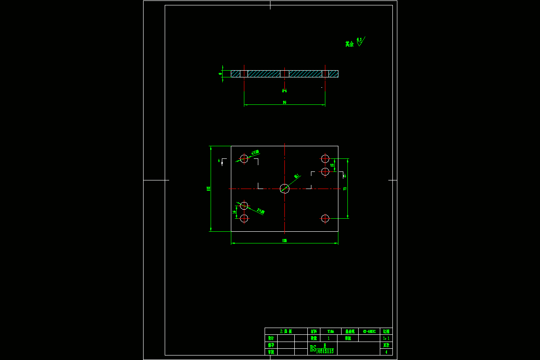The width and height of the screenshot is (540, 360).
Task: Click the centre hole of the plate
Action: click(x=284, y=189)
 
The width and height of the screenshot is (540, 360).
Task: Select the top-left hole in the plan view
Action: click(x=244, y=158)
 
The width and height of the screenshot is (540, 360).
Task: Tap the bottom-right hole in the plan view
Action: click(x=325, y=218)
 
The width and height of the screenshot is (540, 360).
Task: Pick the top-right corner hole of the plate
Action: click(x=325, y=158)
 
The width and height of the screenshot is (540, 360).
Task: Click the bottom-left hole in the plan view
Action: click(x=244, y=218)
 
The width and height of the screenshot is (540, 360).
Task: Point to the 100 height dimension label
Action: click(x=208, y=189)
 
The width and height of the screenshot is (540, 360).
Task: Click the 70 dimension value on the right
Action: click(x=345, y=189)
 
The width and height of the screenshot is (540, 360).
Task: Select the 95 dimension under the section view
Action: click(x=284, y=103)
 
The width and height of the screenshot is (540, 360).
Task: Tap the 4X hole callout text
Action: click(x=255, y=153)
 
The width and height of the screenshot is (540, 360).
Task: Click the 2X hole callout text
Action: click(x=261, y=211)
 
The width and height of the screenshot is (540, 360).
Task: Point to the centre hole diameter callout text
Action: click(x=297, y=176)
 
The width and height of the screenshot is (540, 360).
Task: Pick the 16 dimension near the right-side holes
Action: click(x=332, y=165)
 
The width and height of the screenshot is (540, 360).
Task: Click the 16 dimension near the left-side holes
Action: click(x=234, y=212)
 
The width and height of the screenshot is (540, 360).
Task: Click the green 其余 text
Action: click(x=349, y=44)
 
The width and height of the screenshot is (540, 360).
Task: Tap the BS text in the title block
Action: click(x=313, y=349)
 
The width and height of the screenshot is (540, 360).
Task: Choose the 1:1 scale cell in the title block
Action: click(x=386, y=338)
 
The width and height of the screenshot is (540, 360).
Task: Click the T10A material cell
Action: click(x=331, y=331)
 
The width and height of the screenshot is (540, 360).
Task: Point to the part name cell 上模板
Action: click(x=286, y=331)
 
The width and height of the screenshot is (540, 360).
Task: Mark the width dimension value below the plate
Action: click(x=284, y=241)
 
